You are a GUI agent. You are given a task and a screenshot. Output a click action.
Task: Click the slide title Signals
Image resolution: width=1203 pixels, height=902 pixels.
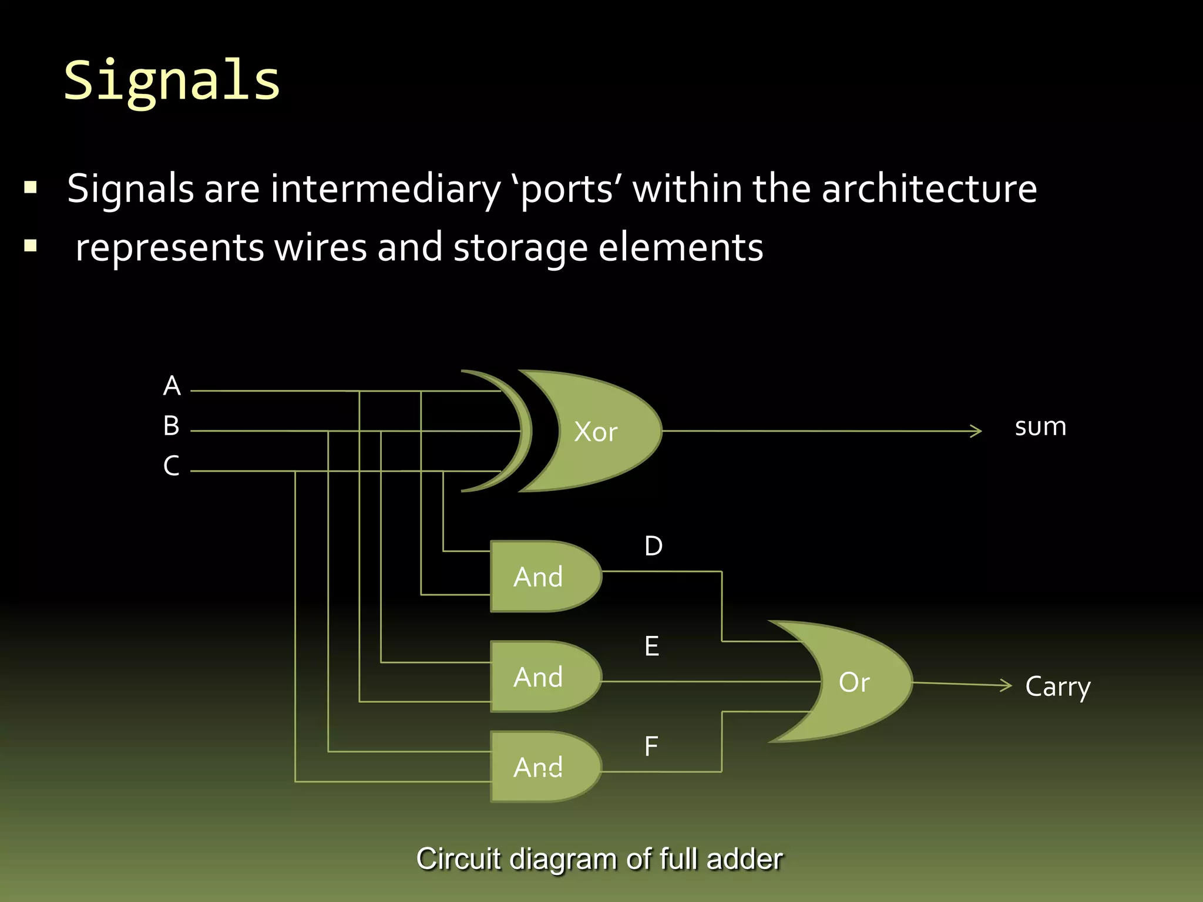(172, 81)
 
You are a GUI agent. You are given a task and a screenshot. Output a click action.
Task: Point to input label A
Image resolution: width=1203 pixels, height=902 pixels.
(172, 386)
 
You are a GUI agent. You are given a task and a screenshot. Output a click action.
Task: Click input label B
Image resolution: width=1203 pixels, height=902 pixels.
(171, 426)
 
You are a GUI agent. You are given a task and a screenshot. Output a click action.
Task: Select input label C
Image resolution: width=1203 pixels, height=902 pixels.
(171, 466)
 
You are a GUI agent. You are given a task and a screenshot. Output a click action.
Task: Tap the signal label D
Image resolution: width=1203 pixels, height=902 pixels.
(653, 546)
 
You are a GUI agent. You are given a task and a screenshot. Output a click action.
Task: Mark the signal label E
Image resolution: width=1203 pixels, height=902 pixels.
(651, 647)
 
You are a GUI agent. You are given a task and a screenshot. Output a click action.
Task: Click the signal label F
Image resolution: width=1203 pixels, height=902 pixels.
(651, 747)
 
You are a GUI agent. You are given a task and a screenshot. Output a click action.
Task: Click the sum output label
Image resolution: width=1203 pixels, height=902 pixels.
(1040, 427)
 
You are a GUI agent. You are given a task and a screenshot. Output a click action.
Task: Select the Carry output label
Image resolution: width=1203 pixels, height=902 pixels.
(1057, 686)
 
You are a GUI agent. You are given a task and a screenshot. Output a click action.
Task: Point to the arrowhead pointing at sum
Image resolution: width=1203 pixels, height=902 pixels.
(977, 431)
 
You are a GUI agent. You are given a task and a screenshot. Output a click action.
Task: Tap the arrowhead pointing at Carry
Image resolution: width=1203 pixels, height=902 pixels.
(1007, 685)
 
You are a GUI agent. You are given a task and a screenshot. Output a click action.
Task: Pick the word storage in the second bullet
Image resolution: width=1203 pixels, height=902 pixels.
(520, 248)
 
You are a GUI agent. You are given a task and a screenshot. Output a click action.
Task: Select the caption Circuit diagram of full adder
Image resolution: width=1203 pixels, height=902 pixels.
(599, 859)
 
